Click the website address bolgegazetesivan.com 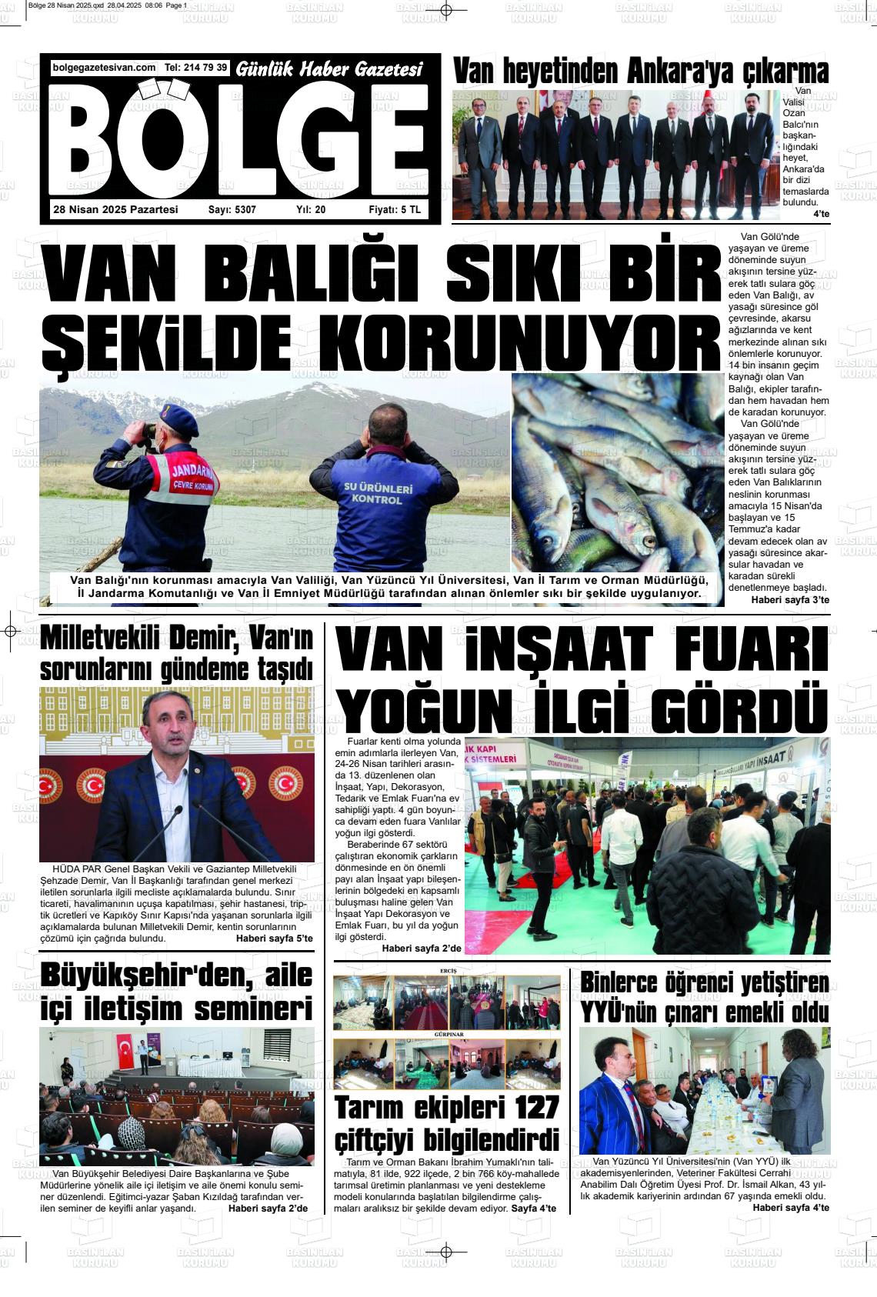[104, 68]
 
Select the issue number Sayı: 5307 [232, 210]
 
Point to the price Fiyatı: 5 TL [395, 210]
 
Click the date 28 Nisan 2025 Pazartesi [115, 210]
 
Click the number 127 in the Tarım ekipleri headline [527, 1109]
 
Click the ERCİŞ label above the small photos [447, 971]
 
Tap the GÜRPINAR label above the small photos [447, 1035]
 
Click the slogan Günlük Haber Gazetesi [329, 70]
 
